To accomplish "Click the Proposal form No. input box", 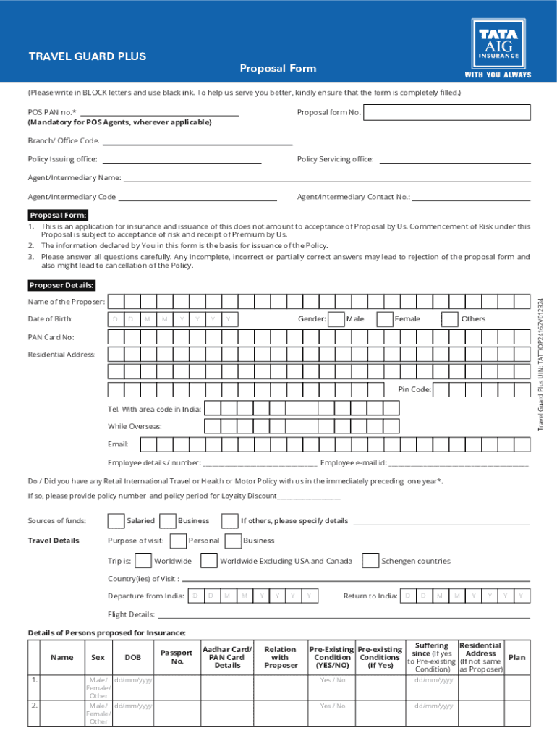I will pyautogui.click(x=446, y=113).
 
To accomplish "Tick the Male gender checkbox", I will pyautogui.click(x=336, y=319).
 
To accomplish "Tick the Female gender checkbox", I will pyautogui.click(x=384, y=319).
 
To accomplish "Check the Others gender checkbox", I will pyautogui.click(x=449, y=319).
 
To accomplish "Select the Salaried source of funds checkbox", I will pyautogui.click(x=115, y=521).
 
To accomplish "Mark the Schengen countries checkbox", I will pyautogui.click(x=370, y=561).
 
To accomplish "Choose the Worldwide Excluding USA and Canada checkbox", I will pyautogui.click(x=208, y=561).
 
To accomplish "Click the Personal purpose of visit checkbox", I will pyautogui.click(x=177, y=541).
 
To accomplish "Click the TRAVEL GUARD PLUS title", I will pyautogui.click(x=87, y=56).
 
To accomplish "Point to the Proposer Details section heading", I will pyautogui.click(x=62, y=286).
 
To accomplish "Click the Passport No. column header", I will pyautogui.click(x=177, y=657).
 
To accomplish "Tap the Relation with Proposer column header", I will pyautogui.click(x=281, y=657).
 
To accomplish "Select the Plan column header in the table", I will pyautogui.click(x=516, y=657).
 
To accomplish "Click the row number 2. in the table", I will pyautogui.click(x=35, y=706).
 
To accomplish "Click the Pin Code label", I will pyautogui.click(x=414, y=389).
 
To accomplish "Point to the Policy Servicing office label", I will pyautogui.click(x=335, y=159).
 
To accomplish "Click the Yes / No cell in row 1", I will pyautogui.click(x=332, y=680).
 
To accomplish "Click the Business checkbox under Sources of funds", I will pyautogui.click(x=167, y=521).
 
